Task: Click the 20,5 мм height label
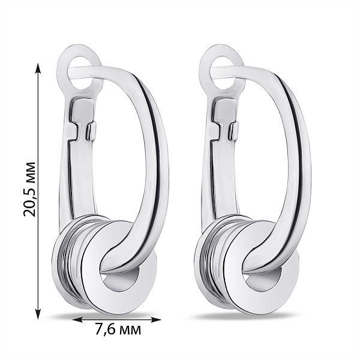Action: tap(29, 189)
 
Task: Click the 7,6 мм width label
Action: tap(118, 330)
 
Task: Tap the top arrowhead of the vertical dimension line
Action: tap(38, 68)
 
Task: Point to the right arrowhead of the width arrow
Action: tap(155, 320)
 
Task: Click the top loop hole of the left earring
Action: tap(80, 73)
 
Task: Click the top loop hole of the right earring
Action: tap(223, 73)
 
